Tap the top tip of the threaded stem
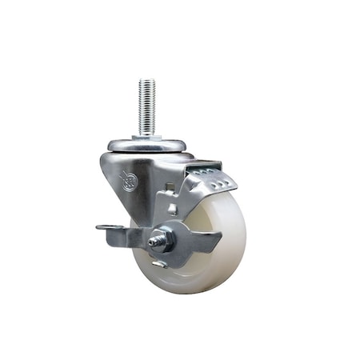pyautogui.click(x=146, y=81)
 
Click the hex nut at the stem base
pyautogui.click(x=146, y=137)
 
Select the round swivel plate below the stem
pyautogui.click(x=147, y=146)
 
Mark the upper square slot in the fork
pyautogui.click(x=170, y=190)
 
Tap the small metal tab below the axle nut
pyautogui.click(x=159, y=261)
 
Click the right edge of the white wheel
pyautogui.click(x=245, y=240)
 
